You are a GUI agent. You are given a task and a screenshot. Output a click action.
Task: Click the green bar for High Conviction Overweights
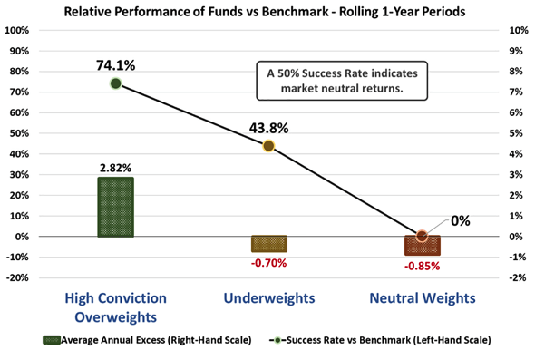tap(116, 207)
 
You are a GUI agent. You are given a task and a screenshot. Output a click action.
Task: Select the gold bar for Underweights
tap(269, 244)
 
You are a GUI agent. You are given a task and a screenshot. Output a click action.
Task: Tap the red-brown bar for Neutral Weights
tap(423, 245)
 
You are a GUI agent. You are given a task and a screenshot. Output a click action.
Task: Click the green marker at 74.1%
tap(116, 83)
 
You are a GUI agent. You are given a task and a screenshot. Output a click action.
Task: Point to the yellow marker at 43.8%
tap(269, 146)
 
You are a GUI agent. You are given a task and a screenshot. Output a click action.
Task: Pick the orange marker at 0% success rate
tap(422, 236)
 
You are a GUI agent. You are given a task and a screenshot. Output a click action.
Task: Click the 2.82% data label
tap(116, 168)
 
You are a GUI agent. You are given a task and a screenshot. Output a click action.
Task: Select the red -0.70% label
tap(269, 263)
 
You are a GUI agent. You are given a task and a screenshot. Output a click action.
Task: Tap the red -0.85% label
tap(423, 267)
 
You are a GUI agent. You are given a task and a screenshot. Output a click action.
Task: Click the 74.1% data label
tap(116, 65)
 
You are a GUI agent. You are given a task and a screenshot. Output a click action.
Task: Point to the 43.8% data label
tap(269, 128)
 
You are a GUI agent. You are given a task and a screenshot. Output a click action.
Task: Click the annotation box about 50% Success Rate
tap(342, 81)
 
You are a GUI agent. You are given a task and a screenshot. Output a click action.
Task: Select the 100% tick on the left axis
tap(17, 30)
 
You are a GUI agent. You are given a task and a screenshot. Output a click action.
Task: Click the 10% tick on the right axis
tap(519, 30)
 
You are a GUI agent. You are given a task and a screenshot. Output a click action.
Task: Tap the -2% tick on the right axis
tap(517, 277)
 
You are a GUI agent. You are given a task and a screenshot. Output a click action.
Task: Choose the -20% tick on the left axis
tap(17, 277)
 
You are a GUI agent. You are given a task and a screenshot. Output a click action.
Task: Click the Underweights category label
tap(269, 298)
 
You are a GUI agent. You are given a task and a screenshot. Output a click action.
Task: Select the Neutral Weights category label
tap(423, 298)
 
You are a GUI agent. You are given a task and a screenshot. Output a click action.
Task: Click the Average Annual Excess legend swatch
tap(52, 340)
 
